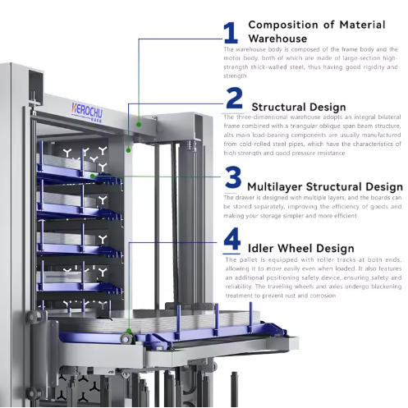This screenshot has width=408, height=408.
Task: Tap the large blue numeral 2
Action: pyautogui.click(x=234, y=99)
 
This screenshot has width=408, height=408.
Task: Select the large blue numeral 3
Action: pyautogui.click(x=234, y=177)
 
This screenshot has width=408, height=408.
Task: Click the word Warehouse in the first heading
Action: pyautogui.click(x=277, y=39)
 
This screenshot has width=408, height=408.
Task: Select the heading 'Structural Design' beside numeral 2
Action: pyautogui.click(x=298, y=107)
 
